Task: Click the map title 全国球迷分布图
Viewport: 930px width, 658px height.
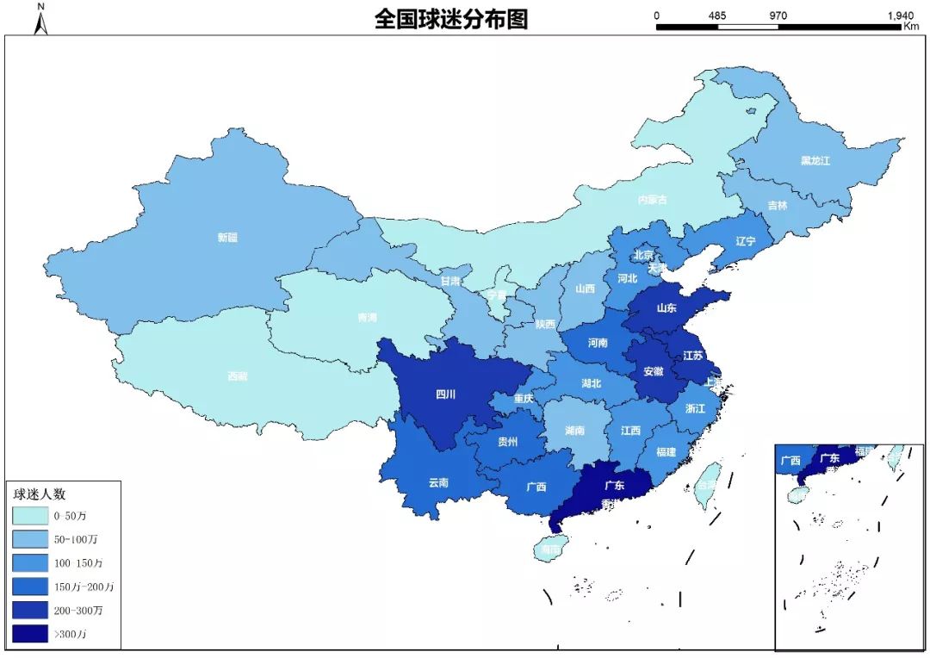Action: click(451, 20)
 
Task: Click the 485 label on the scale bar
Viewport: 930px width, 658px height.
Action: click(717, 16)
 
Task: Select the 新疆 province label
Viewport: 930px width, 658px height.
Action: click(226, 237)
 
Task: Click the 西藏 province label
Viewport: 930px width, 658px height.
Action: click(238, 376)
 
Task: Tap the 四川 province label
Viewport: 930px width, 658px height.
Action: click(446, 395)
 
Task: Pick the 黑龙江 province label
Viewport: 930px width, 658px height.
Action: click(815, 161)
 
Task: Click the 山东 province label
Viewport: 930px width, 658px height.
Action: click(666, 307)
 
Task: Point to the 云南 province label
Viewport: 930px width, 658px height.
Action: click(438, 483)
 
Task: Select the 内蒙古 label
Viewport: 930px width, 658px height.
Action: click(652, 200)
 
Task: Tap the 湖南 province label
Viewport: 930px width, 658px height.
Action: click(575, 430)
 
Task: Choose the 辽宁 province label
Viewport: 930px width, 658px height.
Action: click(746, 242)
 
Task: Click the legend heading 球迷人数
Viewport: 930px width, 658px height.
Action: click(40, 494)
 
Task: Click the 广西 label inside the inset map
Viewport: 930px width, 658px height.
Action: click(790, 460)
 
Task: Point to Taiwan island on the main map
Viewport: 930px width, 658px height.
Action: click(708, 481)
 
